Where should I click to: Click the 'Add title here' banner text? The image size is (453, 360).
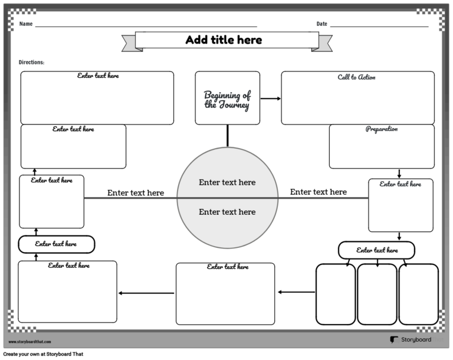point(224,40)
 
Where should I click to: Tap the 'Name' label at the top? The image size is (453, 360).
point(25,24)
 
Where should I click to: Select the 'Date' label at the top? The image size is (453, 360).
point(321,24)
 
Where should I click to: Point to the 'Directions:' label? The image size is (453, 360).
point(31,62)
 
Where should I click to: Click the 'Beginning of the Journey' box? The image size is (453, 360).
point(227,99)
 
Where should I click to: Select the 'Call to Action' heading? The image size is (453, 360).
point(356,77)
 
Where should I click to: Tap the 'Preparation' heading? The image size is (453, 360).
point(381,129)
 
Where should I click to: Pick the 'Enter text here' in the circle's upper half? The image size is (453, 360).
point(227,182)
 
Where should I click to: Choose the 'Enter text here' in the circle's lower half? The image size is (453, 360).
point(227,212)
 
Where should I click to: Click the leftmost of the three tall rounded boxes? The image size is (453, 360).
point(336,294)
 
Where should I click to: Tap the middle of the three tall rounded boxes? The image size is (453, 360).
point(377,294)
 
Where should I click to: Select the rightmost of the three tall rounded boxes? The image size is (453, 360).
point(418,294)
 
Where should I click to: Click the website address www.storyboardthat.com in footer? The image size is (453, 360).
point(30,342)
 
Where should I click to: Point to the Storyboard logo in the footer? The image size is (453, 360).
point(411,340)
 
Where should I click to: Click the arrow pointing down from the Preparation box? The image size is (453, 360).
point(399,174)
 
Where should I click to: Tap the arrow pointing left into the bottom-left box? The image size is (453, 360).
point(146,293)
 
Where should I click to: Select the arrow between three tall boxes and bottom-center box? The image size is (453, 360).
point(296,292)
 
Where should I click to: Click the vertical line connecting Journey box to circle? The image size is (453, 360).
point(227,136)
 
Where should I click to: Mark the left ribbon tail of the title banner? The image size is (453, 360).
point(128,43)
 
